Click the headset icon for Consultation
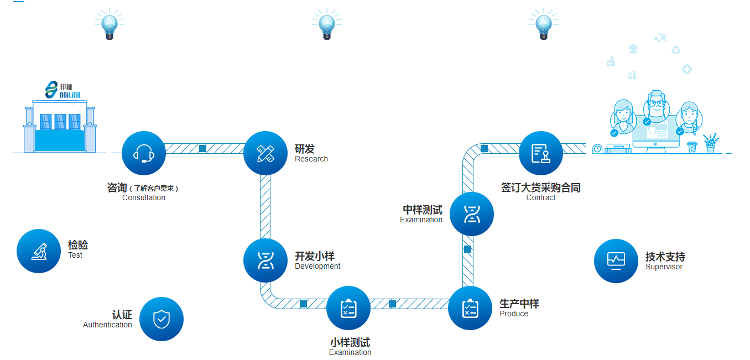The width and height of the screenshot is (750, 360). pyautogui.click(x=144, y=153)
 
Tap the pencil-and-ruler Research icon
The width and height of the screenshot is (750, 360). pyautogui.click(x=265, y=153)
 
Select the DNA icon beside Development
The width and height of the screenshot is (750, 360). pyautogui.click(x=265, y=260)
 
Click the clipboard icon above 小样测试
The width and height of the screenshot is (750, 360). pyautogui.click(x=348, y=308)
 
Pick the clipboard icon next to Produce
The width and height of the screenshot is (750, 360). pyautogui.click(x=470, y=308)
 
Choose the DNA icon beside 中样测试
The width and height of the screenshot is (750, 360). pyautogui.click(x=472, y=214)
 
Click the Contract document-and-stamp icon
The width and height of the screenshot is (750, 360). pyautogui.click(x=541, y=153)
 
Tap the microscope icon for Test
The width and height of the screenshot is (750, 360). pyautogui.click(x=39, y=251)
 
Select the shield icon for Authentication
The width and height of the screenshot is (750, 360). pyautogui.click(x=162, y=319)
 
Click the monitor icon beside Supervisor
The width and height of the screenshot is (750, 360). pyautogui.click(x=616, y=260)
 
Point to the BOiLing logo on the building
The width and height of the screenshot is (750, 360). pyautogui.click(x=62, y=90)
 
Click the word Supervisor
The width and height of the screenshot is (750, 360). pyautogui.click(x=664, y=267)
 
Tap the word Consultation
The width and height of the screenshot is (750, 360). pyautogui.click(x=144, y=198)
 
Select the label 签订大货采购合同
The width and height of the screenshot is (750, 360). pyautogui.click(x=540, y=188)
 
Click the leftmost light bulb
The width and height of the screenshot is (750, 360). pyautogui.click(x=109, y=25)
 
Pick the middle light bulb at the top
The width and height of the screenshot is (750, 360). pyautogui.click(x=326, y=25)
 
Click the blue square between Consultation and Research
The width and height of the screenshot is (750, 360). pyautogui.click(x=202, y=148)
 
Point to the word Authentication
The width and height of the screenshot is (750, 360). pyautogui.click(x=107, y=325)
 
